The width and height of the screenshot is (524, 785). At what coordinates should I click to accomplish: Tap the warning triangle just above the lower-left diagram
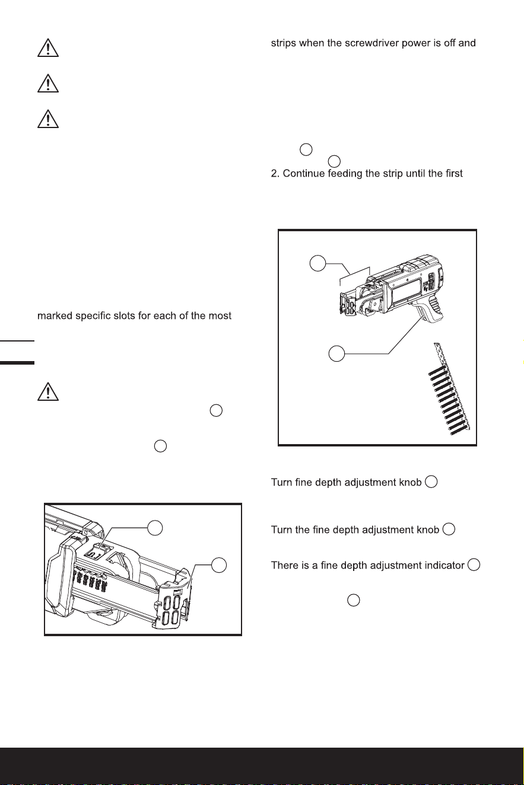(x=48, y=391)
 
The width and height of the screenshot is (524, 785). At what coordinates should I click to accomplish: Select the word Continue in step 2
(x=304, y=174)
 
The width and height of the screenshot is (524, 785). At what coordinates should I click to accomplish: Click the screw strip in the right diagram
(x=449, y=390)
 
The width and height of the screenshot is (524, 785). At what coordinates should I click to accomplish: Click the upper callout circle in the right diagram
(x=317, y=263)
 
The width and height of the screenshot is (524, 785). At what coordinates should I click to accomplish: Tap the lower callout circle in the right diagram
(x=336, y=353)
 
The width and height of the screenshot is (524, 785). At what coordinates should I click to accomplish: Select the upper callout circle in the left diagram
(x=155, y=528)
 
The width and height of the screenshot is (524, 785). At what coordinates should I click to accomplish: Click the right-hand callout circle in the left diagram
(x=219, y=565)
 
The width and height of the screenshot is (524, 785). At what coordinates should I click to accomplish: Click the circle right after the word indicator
(x=474, y=565)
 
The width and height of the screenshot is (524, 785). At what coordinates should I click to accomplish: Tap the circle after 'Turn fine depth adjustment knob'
(x=431, y=482)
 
